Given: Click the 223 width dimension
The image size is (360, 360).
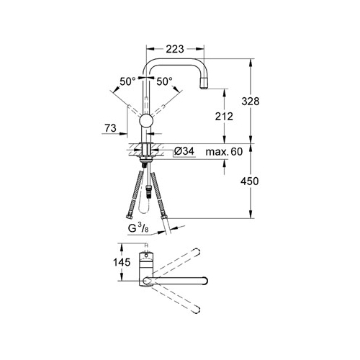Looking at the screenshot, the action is pyautogui.click(x=175, y=49).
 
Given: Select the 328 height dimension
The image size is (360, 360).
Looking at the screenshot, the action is pyautogui.click(x=251, y=102).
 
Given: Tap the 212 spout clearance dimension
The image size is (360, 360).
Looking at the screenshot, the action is pyautogui.click(x=224, y=117).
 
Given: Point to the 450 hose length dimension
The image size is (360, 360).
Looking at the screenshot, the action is pyautogui.click(x=250, y=181).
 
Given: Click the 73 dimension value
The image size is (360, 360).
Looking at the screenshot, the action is pyautogui.click(x=110, y=128).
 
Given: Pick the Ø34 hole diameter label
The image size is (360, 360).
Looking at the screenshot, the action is pyautogui.click(x=184, y=151).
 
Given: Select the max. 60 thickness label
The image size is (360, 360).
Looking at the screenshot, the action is pyautogui.click(x=224, y=152).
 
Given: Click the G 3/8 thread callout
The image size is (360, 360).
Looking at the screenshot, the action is pyautogui.click(x=138, y=228).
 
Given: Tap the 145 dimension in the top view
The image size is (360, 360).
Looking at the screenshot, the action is pyautogui.click(x=122, y=262).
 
